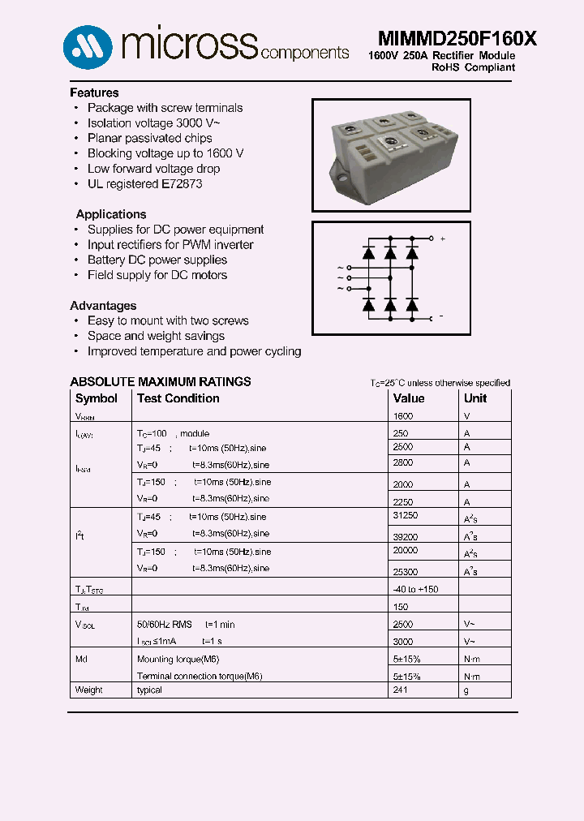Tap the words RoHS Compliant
pyautogui.click(x=472, y=67)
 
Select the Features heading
pyautogui.click(x=94, y=92)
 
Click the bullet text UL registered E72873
pyautogui.click(x=144, y=184)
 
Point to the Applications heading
pyautogui.click(x=111, y=214)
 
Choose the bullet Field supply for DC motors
pyautogui.click(x=157, y=275)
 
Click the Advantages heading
pyautogui.click(x=103, y=306)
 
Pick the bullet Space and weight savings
pyautogui.click(x=156, y=336)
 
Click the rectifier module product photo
pyautogui.click(x=391, y=155)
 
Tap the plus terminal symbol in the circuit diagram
pyautogui.click(x=442, y=239)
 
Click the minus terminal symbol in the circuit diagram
pyautogui.click(x=441, y=316)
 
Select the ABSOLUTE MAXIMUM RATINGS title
pyautogui.click(x=161, y=381)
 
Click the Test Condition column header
pyautogui.click(x=178, y=398)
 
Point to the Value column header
pyautogui.click(x=409, y=398)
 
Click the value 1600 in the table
pyautogui.click(x=403, y=416)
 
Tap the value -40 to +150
pyautogui.click(x=415, y=589)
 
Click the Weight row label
pyautogui.click(x=89, y=690)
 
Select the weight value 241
pyautogui.click(x=400, y=690)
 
